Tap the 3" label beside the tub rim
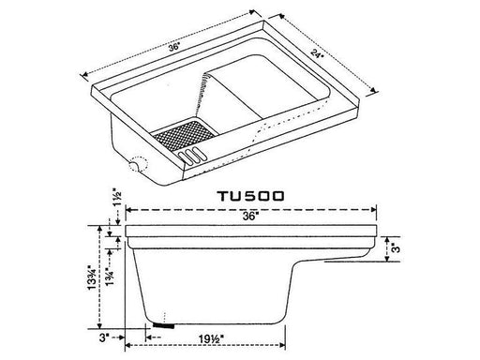(x=397, y=248)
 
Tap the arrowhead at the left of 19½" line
(x=150, y=332)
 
